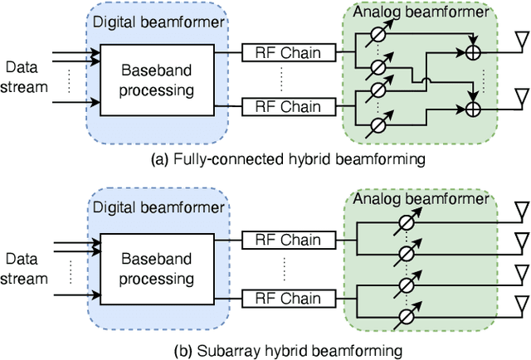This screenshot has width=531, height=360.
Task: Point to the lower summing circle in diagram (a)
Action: [x=475, y=108]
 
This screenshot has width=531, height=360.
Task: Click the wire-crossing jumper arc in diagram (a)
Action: [x=424, y=81]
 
